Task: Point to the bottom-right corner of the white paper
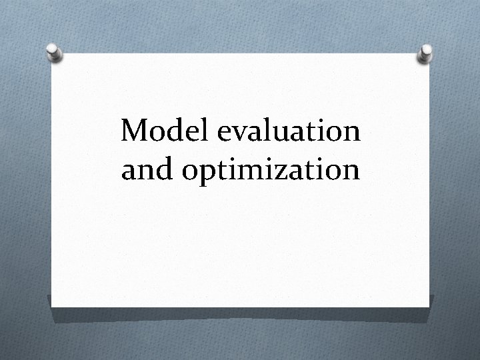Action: click(427, 307)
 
